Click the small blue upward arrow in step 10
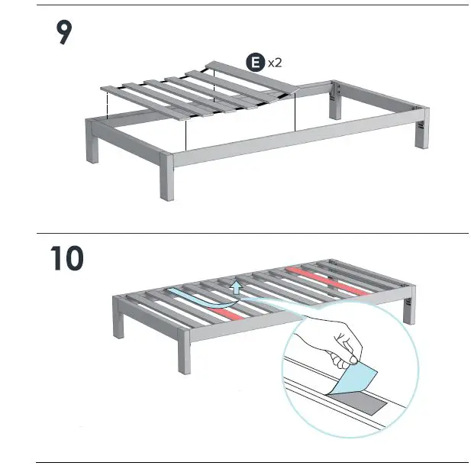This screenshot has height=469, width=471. [237, 287]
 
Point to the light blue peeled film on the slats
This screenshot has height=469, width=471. [191, 299]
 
